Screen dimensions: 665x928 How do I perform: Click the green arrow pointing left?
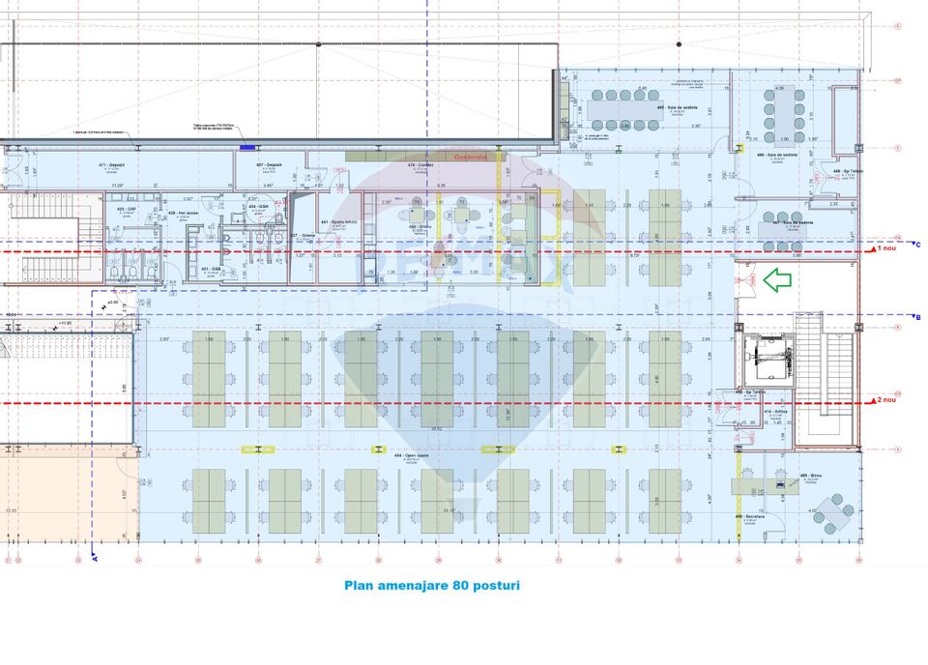tap(777, 280)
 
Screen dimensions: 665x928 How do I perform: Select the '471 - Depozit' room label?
tap(113, 165)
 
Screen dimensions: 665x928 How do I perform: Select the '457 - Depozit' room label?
tap(269, 165)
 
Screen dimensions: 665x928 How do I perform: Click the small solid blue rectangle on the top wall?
tap(248, 148)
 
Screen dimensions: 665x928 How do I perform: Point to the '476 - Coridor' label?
tap(419, 165)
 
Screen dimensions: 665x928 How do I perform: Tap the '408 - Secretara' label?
tap(750, 516)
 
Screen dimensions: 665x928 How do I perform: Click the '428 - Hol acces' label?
tap(184, 213)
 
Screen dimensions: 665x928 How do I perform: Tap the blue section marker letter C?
tap(916, 244)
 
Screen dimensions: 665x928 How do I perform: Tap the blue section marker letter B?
tap(916, 317)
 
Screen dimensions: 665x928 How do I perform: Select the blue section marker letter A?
tap(94, 558)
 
